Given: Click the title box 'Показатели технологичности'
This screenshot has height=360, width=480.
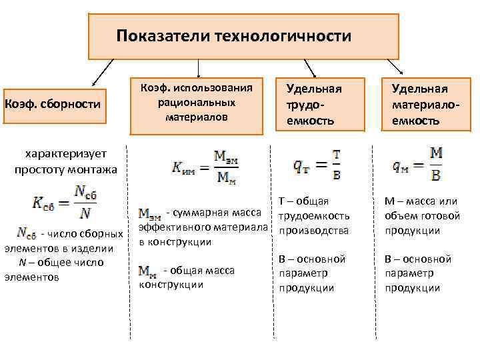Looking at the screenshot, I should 244,36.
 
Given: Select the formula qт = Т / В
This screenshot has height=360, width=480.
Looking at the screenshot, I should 317,163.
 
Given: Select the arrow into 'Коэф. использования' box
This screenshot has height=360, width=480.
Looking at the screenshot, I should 198,69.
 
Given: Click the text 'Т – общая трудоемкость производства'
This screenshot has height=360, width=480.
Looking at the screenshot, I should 313,215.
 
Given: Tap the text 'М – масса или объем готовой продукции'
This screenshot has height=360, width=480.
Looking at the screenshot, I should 421,215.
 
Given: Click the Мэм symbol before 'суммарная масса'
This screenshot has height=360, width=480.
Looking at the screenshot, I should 150,213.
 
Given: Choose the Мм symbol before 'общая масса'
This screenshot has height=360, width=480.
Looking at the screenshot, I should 148,270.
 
